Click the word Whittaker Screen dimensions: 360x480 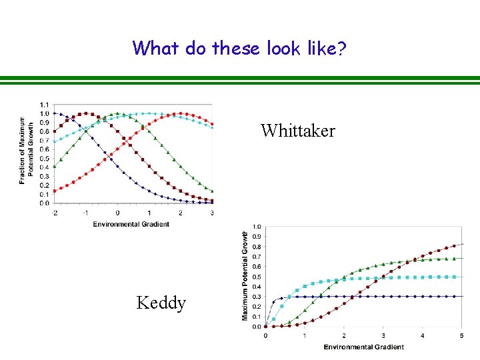[298, 131]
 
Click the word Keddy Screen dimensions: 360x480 [161, 303]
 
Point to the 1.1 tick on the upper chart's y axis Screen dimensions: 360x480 [44, 105]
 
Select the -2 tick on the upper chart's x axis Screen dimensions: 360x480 [55, 213]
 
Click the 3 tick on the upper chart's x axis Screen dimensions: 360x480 [212, 213]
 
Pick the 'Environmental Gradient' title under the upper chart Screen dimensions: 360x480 [131, 224]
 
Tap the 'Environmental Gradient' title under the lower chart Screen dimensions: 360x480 [364, 347]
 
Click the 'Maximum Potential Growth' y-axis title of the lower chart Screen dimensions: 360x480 [245, 275]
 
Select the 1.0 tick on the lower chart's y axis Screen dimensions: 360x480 [257, 227]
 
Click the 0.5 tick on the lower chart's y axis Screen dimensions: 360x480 [257, 277]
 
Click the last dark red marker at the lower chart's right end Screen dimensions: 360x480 [455, 246]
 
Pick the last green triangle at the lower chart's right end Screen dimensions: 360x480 [455, 259]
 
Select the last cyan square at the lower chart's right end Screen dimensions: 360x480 [455, 277]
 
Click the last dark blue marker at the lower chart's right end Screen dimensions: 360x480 [455, 297]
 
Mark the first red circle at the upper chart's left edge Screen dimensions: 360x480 [55, 191]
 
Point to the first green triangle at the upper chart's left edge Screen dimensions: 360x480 [55, 167]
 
